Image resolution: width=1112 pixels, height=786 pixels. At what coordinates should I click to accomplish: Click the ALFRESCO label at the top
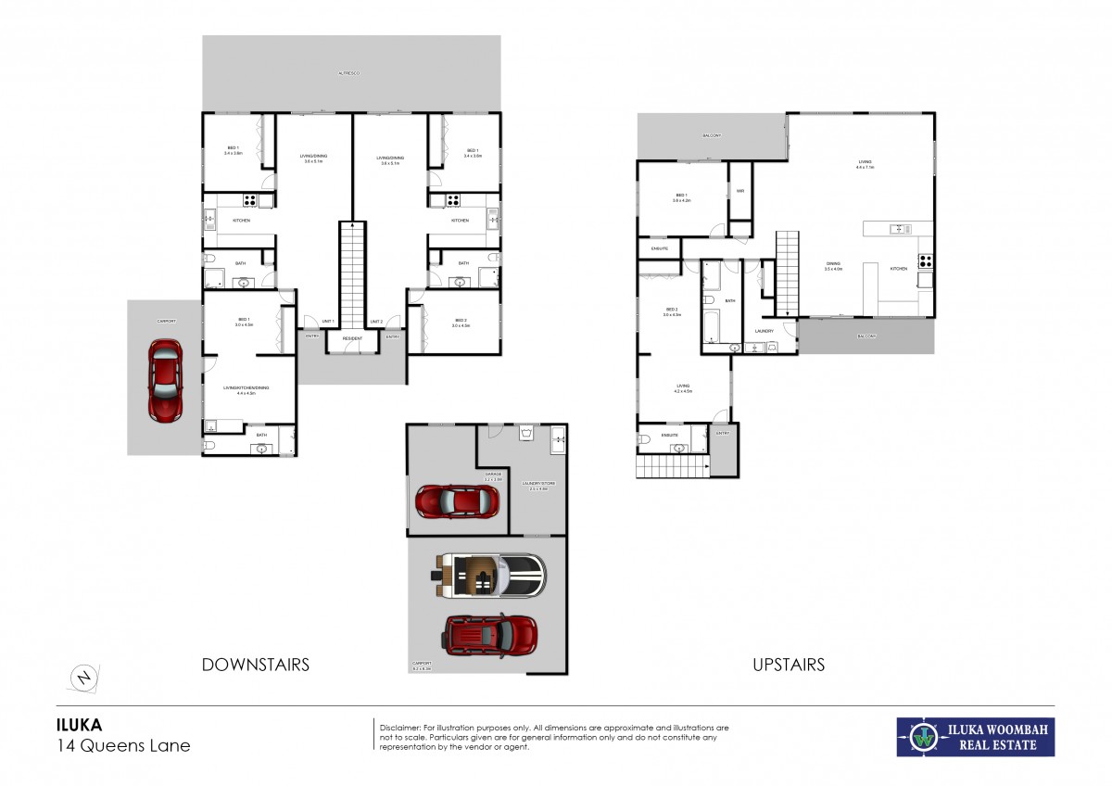point(349,71)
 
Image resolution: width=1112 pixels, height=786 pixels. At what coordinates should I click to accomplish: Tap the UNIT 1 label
point(327,322)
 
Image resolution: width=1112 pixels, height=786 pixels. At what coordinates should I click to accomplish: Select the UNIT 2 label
point(376,322)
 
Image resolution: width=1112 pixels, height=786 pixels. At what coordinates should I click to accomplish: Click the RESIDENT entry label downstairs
point(352,339)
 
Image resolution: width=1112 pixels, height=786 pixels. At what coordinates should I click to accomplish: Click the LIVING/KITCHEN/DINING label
point(246,389)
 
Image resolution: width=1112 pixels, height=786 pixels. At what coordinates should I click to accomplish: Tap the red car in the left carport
point(165,379)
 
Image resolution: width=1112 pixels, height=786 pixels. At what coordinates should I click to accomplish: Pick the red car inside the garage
point(458,501)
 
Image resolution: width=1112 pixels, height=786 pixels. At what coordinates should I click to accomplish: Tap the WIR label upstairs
point(740,191)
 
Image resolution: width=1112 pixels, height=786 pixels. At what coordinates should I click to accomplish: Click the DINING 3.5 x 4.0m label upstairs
point(834,267)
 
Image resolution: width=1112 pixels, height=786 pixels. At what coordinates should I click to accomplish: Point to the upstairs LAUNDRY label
point(764,331)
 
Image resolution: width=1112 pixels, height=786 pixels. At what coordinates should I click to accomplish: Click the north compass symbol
point(84,678)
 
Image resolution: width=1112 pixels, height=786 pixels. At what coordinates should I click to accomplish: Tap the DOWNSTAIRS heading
point(256,665)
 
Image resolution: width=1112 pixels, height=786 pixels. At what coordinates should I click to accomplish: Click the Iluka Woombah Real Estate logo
point(975,737)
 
